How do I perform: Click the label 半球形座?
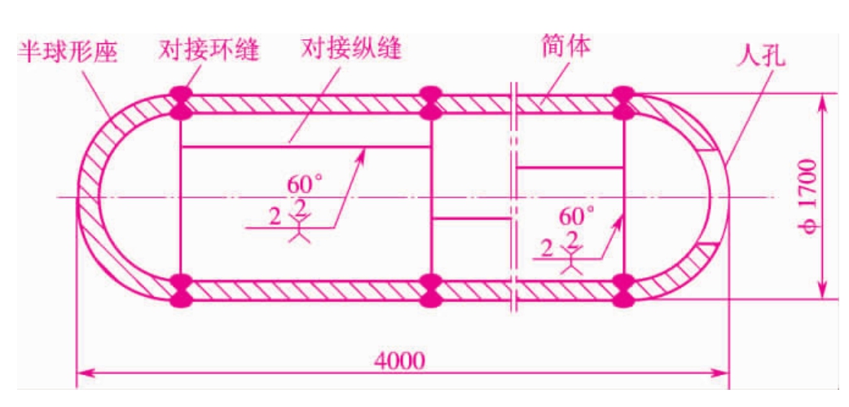click(x=68, y=53)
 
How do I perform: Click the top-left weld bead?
click(x=180, y=103)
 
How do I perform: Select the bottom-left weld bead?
click(x=180, y=291)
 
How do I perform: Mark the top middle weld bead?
click(x=432, y=103)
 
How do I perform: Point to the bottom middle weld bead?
click(x=432, y=291)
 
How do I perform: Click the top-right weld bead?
click(x=624, y=103)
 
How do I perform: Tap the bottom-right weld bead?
click(x=624, y=291)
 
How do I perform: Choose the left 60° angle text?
click(x=305, y=185)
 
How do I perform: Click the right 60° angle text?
click(x=576, y=216)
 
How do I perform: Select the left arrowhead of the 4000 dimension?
click(x=86, y=372)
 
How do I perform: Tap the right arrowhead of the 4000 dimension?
click(x=720, y=372)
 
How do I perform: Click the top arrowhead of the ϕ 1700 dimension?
click(x=822, y=103)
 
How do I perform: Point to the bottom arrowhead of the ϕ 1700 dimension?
click(x=822, y=289)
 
